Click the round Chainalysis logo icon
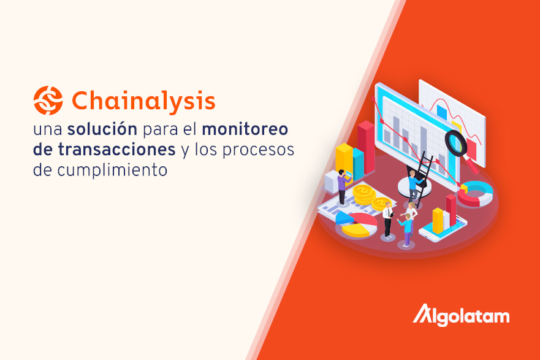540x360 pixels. coord(48,100)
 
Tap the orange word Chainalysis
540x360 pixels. coord(143,101)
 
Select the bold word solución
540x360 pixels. coord(102,129)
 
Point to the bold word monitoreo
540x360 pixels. coord(245,129)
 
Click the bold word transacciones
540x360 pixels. coord(104,149)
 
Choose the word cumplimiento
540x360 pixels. coord(112,170)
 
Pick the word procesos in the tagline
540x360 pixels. coord(258,150)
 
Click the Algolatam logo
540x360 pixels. coord(461,315)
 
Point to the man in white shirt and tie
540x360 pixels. coord(388,220)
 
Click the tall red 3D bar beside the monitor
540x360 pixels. coord(366,147)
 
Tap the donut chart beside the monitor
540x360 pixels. coord(475,194)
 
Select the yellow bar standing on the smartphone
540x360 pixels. coord(438,221)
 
